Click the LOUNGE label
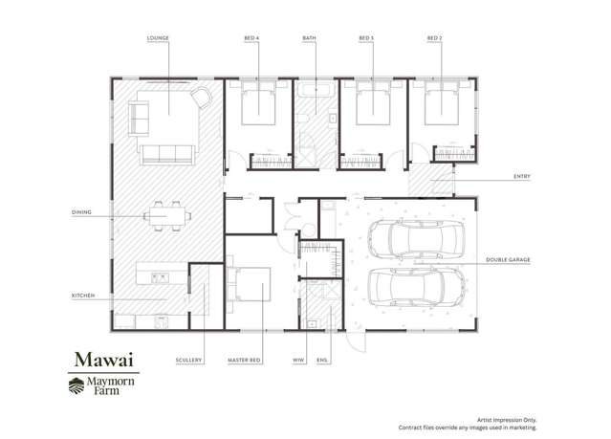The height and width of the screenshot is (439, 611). (x=158, y=38)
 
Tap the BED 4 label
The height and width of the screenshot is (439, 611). (x=251, y=38)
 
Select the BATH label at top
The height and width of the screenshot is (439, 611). (x=310, y=38)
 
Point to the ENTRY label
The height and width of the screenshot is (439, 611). (x=522, y=177)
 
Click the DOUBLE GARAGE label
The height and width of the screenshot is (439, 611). (x=508, y=259)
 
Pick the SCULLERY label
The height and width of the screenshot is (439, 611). (x=188, y=360)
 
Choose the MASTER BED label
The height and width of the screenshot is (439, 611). (x=244, y=360)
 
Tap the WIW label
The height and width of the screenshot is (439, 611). (x=298, y=360)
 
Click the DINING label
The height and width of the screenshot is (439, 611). (x=81, y=212)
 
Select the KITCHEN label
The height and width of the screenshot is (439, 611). (x=83, y=296)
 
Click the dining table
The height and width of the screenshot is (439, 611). (x=167, y=216)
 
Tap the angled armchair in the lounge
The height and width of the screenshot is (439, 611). (x=201, y=98)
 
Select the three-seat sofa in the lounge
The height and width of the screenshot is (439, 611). (x=168, y=154)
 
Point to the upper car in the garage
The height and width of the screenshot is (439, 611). (x=416, y=238)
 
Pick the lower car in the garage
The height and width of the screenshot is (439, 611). (x=417, y=287)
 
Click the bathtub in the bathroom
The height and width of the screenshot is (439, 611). (x=316, y=90)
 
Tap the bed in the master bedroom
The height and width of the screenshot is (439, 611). (x=249, y=284)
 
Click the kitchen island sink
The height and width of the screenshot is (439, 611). (x=160, y=278)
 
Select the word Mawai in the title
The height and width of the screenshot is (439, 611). (x=104, y=360)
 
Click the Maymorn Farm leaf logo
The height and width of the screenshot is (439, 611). (x=76, y=386)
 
